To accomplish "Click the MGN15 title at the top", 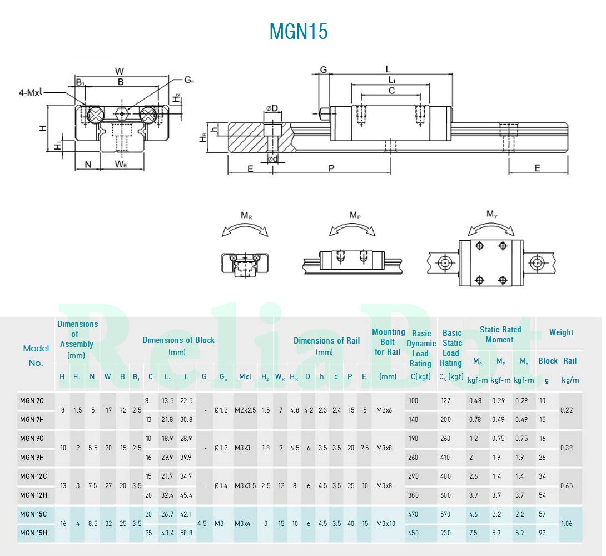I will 299,31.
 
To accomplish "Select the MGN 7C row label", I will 33,400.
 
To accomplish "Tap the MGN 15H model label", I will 33,533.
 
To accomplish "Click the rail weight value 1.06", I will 567,523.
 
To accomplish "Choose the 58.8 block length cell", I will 186,533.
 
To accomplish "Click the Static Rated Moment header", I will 500,334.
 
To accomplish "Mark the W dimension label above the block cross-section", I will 120,71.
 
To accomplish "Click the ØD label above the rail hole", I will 271,107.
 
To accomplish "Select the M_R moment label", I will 247,215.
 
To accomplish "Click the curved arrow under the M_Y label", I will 491,227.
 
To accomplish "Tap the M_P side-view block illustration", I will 344,260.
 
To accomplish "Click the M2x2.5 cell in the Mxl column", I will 245,410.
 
